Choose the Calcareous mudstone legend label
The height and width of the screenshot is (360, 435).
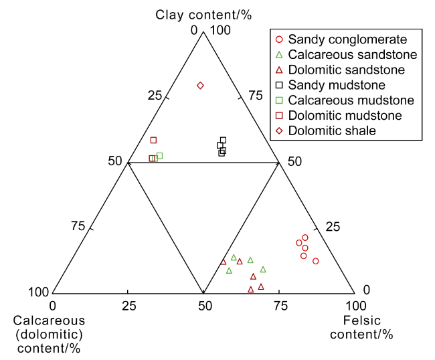coord(351,100)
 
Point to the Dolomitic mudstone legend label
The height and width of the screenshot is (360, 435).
coord(345,116)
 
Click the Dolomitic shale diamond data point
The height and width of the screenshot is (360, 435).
coord(200,86)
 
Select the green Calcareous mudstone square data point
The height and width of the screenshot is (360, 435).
coord(159,156)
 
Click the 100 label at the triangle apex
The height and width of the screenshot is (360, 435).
coord(220,30)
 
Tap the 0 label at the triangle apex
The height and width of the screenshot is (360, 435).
coord(195,30)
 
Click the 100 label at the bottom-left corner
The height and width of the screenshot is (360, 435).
coord(38,292)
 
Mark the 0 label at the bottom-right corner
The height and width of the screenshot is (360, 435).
coord(365,290)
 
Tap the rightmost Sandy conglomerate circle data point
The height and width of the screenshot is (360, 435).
coord(316,261)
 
